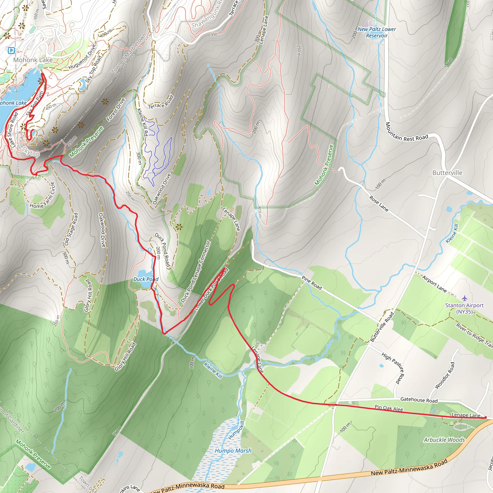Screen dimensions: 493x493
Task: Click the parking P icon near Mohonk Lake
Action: tap(11, 51)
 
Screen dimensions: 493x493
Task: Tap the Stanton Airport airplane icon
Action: tap(464, 298)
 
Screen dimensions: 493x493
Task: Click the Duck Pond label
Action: tap(146, 279)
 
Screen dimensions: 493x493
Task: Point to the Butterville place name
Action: tap(447, 173)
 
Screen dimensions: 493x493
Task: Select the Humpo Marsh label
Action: tap(233, 451)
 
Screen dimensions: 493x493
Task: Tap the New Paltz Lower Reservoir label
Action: tap(377, 32)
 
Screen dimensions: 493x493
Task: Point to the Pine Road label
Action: tap(312, 282)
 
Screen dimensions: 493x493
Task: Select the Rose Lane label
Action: tap(379, 204)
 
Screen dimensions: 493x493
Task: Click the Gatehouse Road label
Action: tap(419, 400)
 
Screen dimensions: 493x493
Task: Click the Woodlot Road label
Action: tap(445, 375)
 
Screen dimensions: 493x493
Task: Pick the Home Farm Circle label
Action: tap(43, 195)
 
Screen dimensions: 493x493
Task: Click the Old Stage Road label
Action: tap(71, 229)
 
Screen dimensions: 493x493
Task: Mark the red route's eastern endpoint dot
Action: tap(485, 417)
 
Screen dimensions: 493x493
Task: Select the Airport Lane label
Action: tap(434, 284)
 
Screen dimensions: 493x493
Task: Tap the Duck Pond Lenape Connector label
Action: tap(195, 272)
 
